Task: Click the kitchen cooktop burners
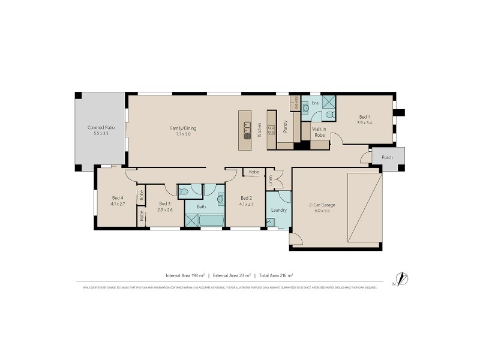pos(271,130)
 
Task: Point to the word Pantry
pos(286,127)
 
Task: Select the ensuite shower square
pos(329,101)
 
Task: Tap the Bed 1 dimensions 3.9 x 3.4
pos(365,122)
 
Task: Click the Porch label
pos(388,158)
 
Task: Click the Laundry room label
pos(278,210)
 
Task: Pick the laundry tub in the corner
pos(271,223)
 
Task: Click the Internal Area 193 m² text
pos(185,275)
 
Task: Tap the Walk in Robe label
pos(319,132)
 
